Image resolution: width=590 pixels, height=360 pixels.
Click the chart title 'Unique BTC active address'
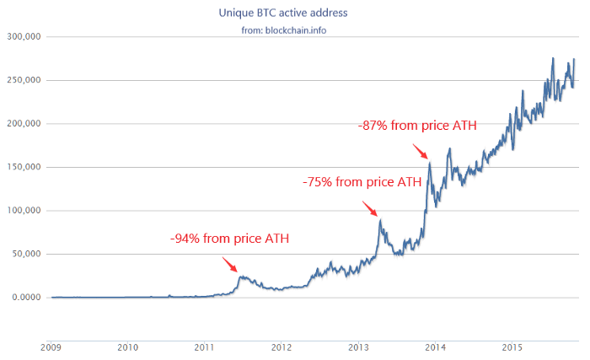point(295,13)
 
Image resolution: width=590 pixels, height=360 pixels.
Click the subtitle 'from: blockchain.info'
point(295,30)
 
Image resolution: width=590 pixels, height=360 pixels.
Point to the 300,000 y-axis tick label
point(24,37)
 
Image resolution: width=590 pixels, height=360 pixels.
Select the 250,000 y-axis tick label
point(24,81)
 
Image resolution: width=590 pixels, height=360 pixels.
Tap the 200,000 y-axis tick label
point(24,124)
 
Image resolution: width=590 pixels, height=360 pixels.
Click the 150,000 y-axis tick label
point(24,167)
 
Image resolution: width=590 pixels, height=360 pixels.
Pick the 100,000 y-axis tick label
point(24,211)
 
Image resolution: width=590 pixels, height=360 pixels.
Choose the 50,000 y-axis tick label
point(26,254)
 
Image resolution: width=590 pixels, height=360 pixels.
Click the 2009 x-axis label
point(51,347)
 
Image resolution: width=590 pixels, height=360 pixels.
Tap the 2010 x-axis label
point(128,347)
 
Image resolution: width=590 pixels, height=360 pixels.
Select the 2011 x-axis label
point(205,347)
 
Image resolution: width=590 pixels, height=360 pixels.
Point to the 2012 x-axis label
point(282,347)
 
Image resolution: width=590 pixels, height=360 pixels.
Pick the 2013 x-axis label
point(359,347)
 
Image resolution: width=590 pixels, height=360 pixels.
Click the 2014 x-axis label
point(436,347)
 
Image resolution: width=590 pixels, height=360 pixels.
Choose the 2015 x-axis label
point(512,347)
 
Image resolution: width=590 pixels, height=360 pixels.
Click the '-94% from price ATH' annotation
point(229,239)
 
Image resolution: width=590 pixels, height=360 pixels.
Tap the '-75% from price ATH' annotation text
point(362,181)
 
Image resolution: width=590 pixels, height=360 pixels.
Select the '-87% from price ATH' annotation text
point(417,126)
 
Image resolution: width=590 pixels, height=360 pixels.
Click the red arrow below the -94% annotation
point(231,265)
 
